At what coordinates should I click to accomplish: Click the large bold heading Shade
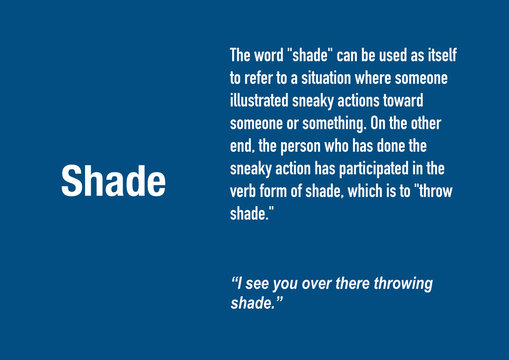113,182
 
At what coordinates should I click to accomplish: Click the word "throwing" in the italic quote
399,283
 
